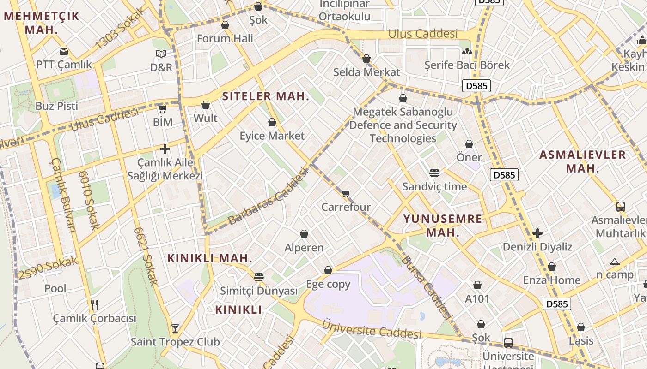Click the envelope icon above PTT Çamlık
click(x=64, y=51)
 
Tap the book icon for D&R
click(x=161, y=54)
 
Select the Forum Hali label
click(x=225, y=38)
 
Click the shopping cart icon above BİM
click(x=162, y=109)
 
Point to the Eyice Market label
click(x=272, y=136)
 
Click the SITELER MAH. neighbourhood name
click(x=266, y=96)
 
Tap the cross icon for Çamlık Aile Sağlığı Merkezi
click(x=165, y=149)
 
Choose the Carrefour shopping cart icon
click(x=346, y=193)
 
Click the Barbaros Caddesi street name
click(x=268, y=197)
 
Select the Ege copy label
click(x=328, y=284)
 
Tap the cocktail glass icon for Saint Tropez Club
click(x=175, y=328)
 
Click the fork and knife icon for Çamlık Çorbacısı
click(x=94, y=305)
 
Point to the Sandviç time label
click(x=434, y=186)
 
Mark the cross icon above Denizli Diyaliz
click(x=537, y=233)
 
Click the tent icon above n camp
click(x=615, y=262)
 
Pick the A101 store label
click(x=477, y=298)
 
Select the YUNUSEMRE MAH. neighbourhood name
click(x=443, y=226)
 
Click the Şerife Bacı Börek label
click(x=467, y=65)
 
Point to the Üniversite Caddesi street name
click(x=372, y=328)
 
